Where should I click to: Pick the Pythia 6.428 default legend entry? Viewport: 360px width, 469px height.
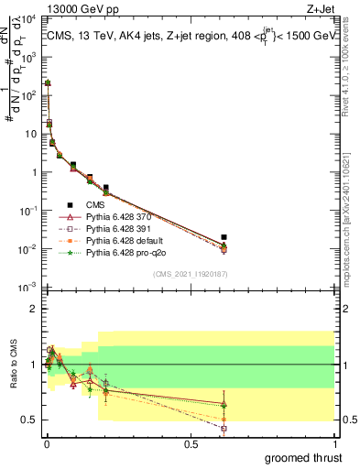(x=117, y=239)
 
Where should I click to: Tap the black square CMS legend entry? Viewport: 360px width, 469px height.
(x=94, y=205)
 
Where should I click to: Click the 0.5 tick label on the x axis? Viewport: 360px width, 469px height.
(x=190, y=443)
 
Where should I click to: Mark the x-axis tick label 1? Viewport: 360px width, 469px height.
(x=335, y=443)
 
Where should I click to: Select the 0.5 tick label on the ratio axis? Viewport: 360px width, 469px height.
(x=29, y=420)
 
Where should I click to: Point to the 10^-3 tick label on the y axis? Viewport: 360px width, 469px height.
(x=27, y=289)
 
